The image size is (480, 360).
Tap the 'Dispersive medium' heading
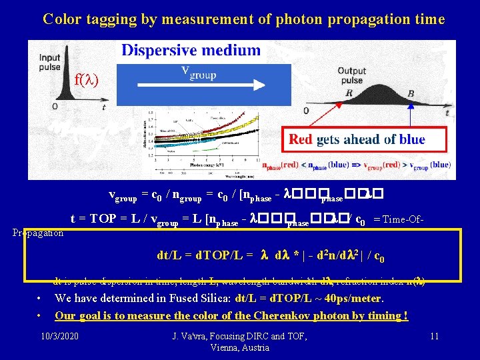click(191, 50)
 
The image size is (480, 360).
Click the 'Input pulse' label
click(50, 62)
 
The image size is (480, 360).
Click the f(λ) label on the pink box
click(86, 81)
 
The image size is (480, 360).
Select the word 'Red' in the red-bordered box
click(301, 139)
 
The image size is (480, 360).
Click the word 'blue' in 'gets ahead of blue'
click(412, 139)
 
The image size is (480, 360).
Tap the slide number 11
click(434, 335)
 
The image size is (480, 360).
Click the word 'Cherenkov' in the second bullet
click(277, 315)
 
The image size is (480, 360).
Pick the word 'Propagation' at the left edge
click(38, 233)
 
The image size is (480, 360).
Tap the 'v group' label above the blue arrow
click(198, 72)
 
